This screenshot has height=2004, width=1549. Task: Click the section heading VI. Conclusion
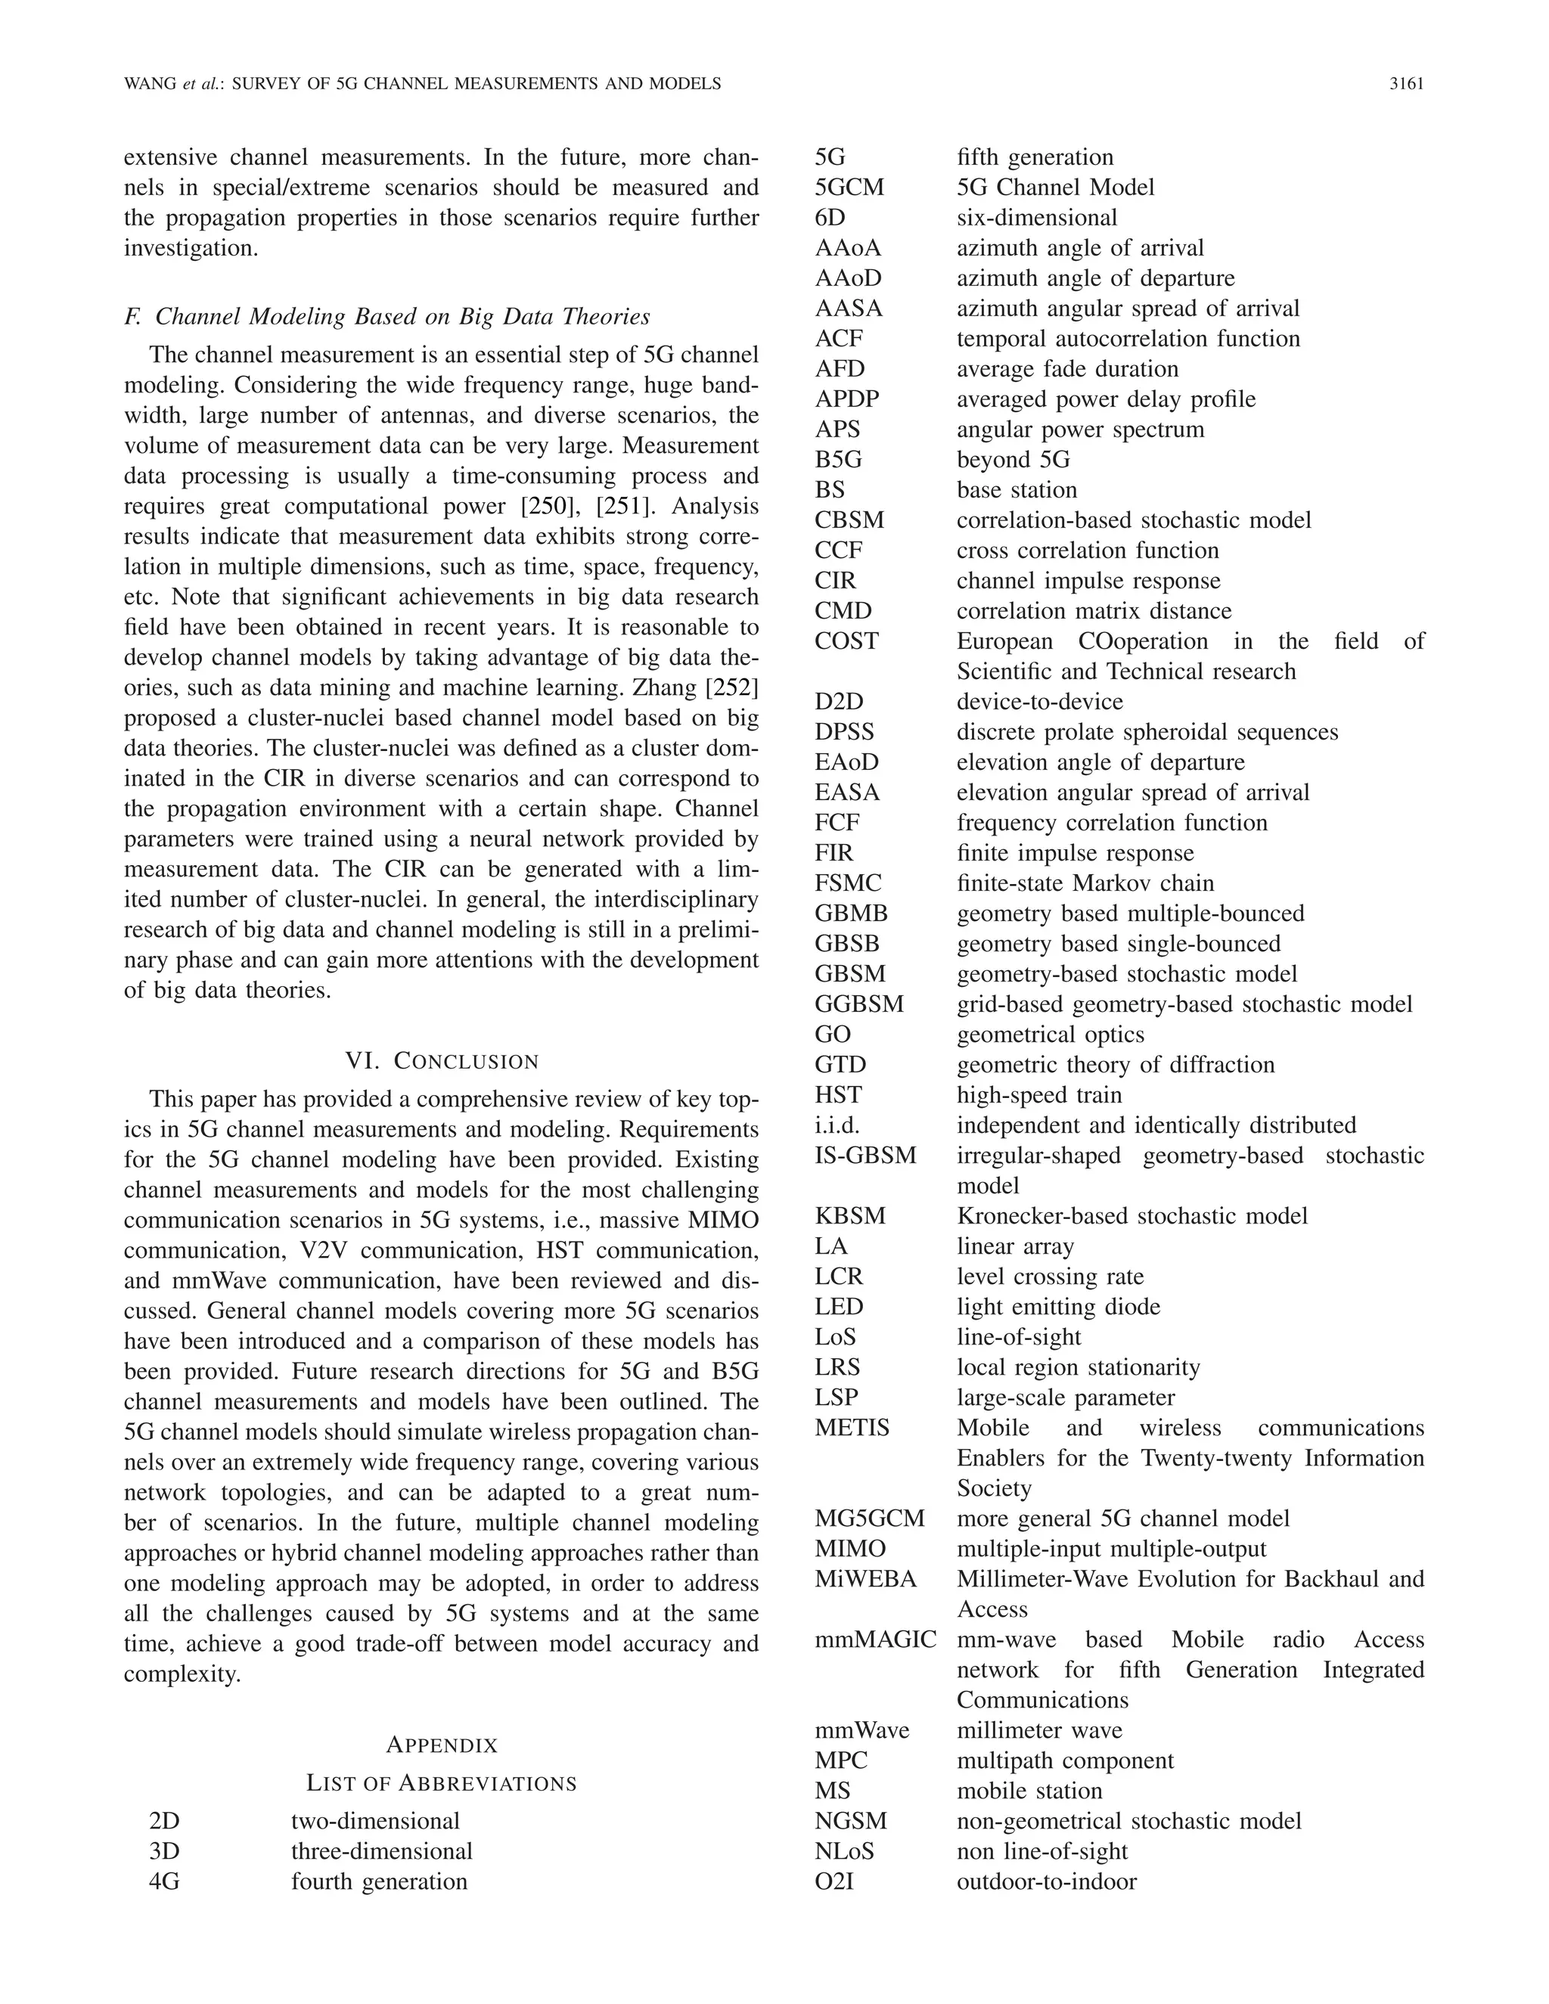pyautogui.click(x=442, y=1062)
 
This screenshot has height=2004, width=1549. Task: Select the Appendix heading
pyautogui.click(x=442, y=1745)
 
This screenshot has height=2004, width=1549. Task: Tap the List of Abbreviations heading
pyautogui.click(x=442, y=1783)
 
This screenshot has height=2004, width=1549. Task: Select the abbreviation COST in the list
pyautogui.click(x=846, y=641)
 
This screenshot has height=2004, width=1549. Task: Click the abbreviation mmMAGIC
pyautogui.click(x=875, y=1639)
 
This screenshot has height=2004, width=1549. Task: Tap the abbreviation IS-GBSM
pyautogui.click(x=865, y=1156)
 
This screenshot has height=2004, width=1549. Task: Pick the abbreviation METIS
pyautogui.click(x=852, y=1428)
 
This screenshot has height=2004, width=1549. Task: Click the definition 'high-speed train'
pyautogui.click(x=1038, y=1095)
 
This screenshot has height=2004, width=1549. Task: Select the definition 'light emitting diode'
pyautogui.click(x=1058, y=1307)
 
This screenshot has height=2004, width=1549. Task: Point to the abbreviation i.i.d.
pyautogui.click(x=837, y=1125)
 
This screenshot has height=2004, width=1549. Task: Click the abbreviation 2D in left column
pyautogui.click(x=164, y=1822)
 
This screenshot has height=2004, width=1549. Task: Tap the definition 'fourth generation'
pyautogui.click(x=379, y=1882)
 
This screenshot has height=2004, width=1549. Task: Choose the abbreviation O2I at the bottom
pyautogui.click(x=834, y=1882)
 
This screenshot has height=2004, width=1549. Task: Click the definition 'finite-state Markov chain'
pyautogui.click(x=1085, y=883)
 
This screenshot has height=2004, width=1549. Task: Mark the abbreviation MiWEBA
pyautogui.click(x=865, y=1579)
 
